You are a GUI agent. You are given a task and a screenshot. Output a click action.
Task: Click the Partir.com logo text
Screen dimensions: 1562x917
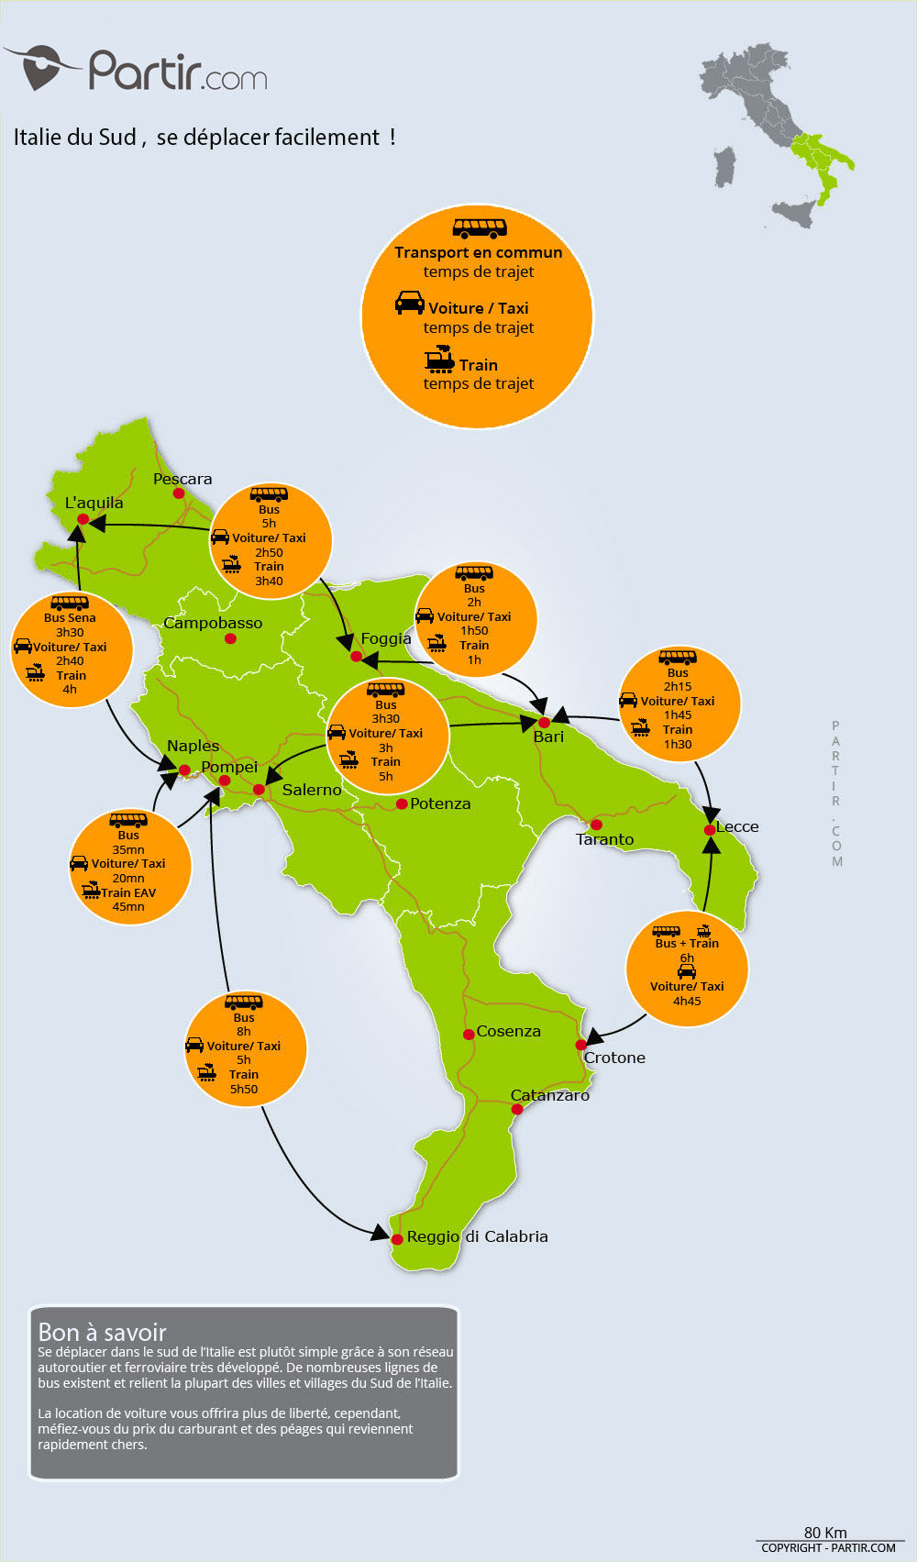[x=178, y=71]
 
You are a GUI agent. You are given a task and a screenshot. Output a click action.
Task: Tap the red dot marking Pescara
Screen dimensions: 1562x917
[x=179, y=493]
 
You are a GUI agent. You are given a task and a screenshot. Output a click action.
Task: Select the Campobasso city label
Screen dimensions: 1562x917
[x=213, y=623]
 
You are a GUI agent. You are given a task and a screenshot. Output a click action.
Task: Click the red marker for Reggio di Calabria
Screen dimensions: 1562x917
[x=397, y=1239]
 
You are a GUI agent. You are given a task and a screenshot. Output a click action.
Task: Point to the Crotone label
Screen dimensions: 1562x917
[x=614, y=1058]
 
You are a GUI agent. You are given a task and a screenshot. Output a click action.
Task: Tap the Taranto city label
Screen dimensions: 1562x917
[x=604, y=839]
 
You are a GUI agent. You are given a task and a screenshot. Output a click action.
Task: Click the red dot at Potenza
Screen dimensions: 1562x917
[x=402, y=804]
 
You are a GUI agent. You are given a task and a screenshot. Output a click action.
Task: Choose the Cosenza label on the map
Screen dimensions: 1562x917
[x=508, y=1031]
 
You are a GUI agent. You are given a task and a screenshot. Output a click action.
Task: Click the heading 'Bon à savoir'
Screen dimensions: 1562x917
[x=103, y=1332]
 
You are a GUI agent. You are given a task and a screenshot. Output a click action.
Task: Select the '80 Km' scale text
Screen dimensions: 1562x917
[x=825, y=1533]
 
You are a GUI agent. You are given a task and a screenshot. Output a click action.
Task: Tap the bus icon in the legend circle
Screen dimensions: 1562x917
[x=480, y=227]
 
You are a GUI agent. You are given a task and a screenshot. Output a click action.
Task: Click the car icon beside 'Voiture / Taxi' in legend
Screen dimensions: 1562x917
[x=410, y=303]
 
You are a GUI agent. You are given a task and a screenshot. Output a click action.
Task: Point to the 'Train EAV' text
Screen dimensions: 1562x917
[x=128, y=892]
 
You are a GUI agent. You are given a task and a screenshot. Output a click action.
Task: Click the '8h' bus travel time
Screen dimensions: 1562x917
[x=244, y=1032]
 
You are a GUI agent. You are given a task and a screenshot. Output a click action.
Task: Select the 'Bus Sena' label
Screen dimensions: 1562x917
[x=70, y=618]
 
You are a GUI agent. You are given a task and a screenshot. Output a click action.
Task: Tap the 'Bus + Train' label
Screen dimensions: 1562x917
[x=687, y=943]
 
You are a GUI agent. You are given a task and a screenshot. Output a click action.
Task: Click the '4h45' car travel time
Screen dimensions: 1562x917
[x=687, y=1001]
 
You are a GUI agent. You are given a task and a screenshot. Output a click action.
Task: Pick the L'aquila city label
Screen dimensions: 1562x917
[x=94, y=503]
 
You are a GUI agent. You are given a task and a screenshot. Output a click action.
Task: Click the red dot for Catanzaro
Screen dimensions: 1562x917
[x=517, y=1109]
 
